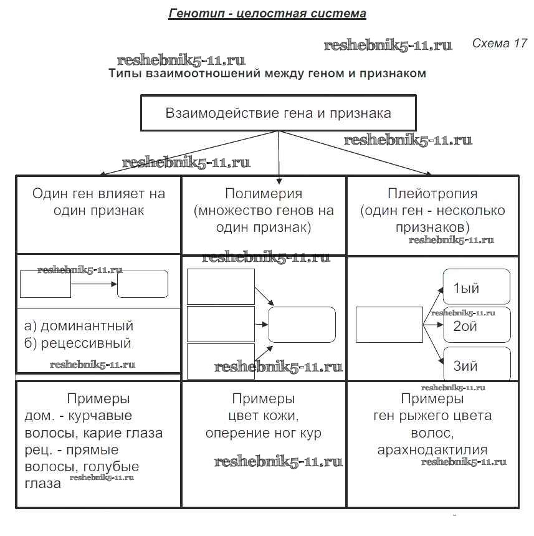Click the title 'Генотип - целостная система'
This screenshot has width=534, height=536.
click(267, 13)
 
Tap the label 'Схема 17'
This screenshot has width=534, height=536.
click(499, 44)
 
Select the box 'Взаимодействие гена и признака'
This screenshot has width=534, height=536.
click(278, 113)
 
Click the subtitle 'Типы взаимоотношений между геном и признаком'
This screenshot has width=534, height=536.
click(267, 74)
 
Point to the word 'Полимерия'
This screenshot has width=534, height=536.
click(264, 194)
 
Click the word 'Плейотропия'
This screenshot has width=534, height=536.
click(432, 194)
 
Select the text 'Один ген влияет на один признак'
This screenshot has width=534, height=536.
click(98, 202)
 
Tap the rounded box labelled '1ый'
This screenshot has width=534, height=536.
click(476, 287)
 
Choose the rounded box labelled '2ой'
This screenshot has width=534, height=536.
click(476, 325)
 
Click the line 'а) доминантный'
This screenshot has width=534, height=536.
click(79, 326)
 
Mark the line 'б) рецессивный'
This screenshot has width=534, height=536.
click(77, 343)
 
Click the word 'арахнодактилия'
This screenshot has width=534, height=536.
click(432, 449)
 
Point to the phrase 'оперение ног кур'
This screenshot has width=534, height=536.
click(264, 433)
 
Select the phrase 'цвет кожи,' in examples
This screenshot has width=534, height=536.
click(264, 416)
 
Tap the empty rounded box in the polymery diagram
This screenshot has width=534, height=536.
click(302, 325)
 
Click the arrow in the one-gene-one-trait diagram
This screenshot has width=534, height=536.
click(93, 284)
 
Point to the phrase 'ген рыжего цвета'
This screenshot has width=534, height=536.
click(432, 416)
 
